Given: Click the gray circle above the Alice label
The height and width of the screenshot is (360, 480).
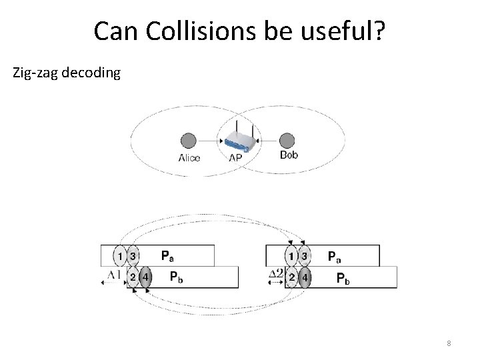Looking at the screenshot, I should click(x=189, y=141).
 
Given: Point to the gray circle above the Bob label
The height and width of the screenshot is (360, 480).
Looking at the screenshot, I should click(x=287, y=141).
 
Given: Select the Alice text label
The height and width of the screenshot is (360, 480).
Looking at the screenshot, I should click(x=189, y=158).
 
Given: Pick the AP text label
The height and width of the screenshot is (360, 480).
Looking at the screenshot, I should click(x=235, y=158).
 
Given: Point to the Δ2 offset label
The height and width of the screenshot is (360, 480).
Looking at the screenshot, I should click(x=275, y=275).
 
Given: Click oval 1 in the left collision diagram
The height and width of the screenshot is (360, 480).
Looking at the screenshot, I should click(x=120, y=255).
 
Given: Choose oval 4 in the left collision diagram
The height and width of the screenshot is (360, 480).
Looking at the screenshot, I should click(x=145, y=277).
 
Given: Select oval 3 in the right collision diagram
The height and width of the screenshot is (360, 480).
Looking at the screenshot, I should click(x=305, y=255).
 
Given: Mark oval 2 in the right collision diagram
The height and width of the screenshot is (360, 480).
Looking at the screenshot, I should click(x=292, y=277).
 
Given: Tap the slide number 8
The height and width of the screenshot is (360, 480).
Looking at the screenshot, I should click(x=449, y=343).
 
